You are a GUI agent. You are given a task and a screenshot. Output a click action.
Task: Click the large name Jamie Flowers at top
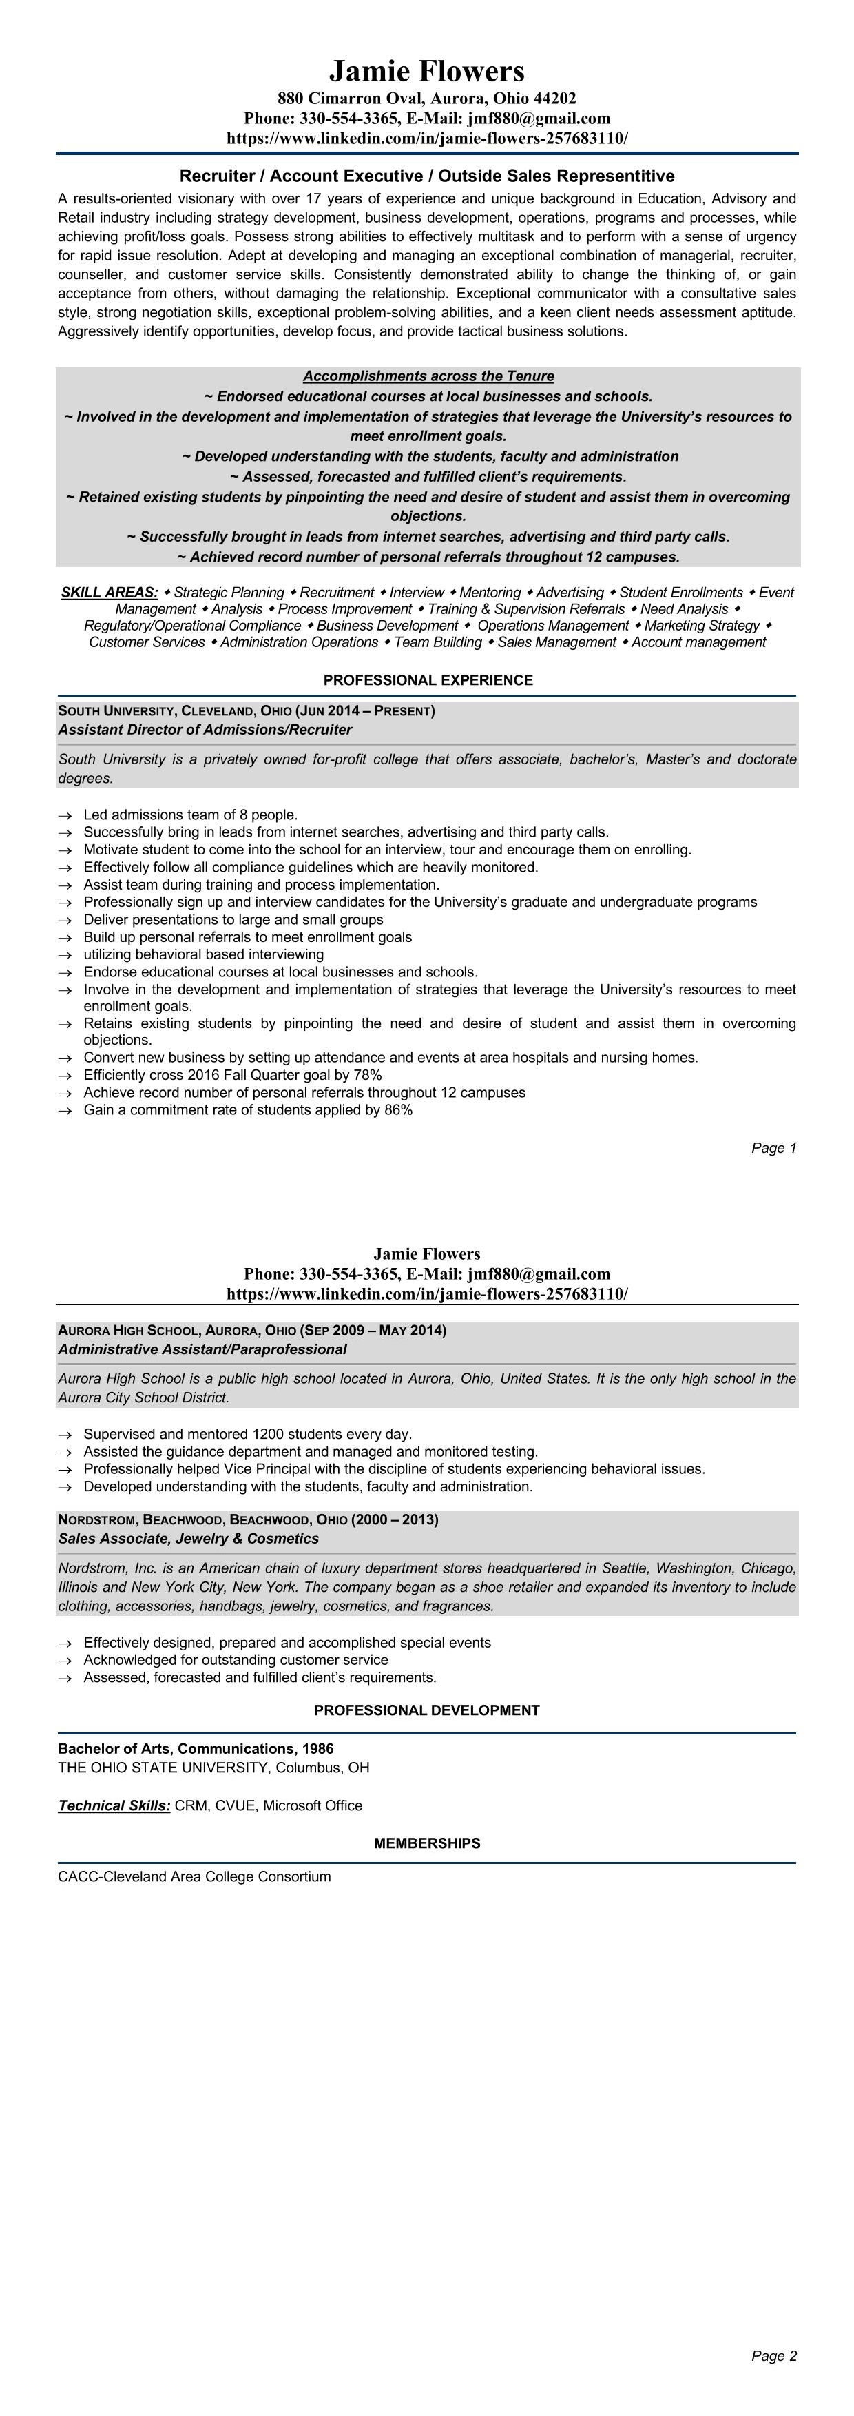click(426, 71)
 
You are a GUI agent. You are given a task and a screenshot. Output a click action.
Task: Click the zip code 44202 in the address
click(555, 99)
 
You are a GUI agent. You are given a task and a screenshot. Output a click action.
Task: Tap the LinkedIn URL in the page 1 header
click(426, 138)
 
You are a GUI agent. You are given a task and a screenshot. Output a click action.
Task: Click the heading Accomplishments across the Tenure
click(428, 376)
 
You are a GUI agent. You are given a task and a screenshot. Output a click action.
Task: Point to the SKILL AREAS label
click(110, 593)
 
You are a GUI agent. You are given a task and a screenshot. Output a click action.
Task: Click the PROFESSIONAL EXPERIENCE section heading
click(428, 680)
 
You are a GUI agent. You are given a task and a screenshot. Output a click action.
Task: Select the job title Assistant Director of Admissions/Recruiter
click(205, 730)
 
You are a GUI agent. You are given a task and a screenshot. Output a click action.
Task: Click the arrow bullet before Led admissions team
click(65, 816)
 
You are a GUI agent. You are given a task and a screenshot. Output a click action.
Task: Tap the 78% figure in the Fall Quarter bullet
click(368, 1075)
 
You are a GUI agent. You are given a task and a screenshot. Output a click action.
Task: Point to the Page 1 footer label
click(773, 1148)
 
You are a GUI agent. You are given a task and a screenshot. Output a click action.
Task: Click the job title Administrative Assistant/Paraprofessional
click(202, 1350)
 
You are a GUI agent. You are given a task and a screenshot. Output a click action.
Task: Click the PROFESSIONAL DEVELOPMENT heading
click(426, 1711)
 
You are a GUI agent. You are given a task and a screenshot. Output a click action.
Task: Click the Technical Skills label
click(114, 1805)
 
